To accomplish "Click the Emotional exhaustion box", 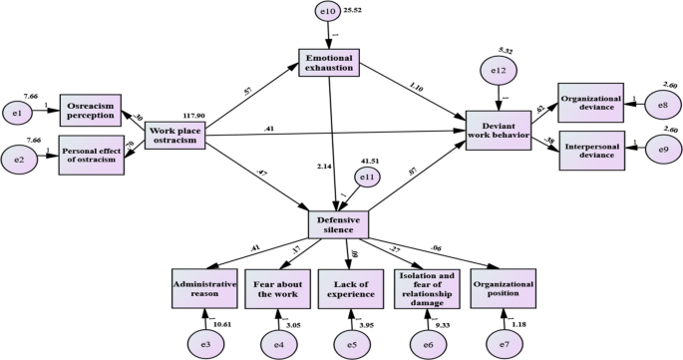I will click(328, 61).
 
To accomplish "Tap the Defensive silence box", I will click(338, 223).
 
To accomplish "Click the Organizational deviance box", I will click(590, 103).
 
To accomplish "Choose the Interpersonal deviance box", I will click(590, 150).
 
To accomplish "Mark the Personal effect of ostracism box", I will click(92, 155).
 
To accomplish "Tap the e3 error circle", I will click(204, 343).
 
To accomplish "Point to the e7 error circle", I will click(503, 343).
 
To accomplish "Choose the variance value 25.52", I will click(356, 11).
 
